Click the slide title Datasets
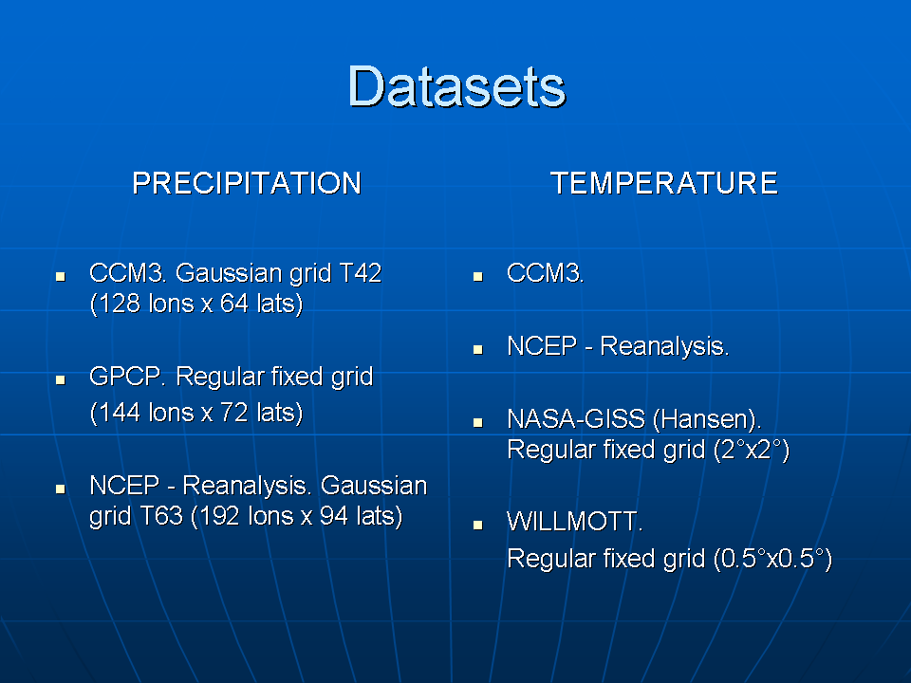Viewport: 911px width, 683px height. pos(456,87)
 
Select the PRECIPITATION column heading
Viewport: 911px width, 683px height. pos(247,183)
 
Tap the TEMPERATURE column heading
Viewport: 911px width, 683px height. pos(664,183)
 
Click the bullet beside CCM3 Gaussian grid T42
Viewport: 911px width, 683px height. pos(61,276)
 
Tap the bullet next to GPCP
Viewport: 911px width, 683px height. pos(61,379)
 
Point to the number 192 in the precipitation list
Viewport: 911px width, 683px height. pos(219,516)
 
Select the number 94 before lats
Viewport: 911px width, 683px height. pos(334,516)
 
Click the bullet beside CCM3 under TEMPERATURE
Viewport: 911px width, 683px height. pos(478,276)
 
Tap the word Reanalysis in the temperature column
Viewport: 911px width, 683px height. pos(663,347)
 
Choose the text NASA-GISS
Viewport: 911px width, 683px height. pos(576,419)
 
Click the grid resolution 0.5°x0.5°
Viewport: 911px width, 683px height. pos(772,559)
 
